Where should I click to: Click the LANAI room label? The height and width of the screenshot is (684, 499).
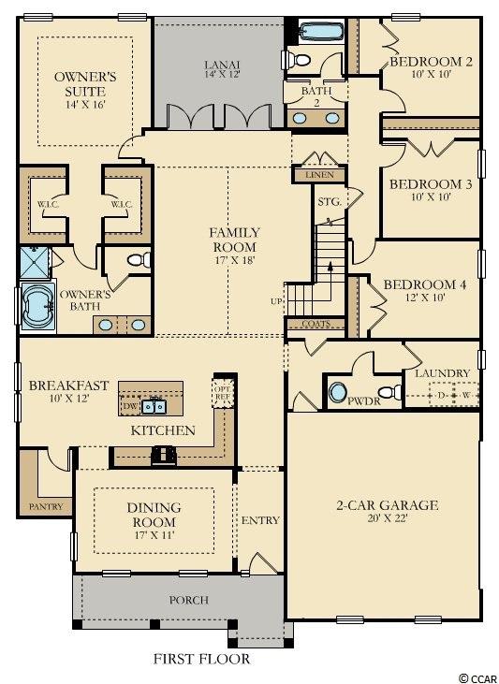222,65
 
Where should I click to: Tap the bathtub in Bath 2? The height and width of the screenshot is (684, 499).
322,32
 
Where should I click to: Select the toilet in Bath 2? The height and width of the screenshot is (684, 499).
297,59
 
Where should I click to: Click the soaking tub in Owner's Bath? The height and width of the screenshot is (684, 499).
38,306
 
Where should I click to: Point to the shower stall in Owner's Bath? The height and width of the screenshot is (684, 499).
35,263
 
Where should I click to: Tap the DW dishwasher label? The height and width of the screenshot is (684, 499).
130,406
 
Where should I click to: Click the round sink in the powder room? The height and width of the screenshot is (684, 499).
337,392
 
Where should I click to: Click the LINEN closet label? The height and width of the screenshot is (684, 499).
319,175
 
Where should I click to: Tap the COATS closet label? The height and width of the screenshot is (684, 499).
316,324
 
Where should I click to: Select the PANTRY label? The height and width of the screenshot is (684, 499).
46,506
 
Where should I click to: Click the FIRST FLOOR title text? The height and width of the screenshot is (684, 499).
201,659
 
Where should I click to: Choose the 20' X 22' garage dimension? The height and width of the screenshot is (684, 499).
387,519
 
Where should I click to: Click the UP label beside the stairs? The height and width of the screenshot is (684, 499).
276,301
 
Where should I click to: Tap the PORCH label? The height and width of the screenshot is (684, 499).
188,600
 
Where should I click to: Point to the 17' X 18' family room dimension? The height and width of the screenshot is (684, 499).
233,260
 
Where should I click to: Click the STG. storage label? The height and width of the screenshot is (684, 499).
329,201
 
